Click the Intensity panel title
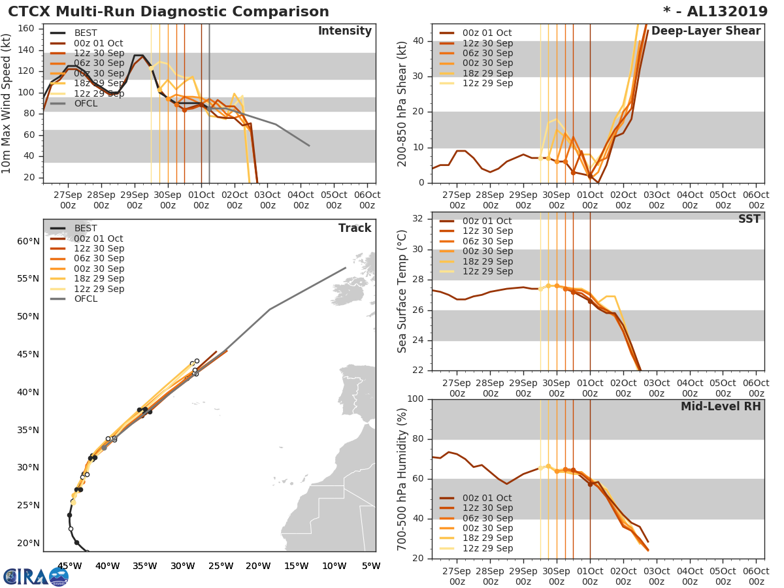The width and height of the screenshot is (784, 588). click(344, 31)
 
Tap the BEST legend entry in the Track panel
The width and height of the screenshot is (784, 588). click(86, 229)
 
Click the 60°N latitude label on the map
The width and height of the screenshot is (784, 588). click(28, 242)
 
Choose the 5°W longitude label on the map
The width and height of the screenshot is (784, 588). click(371, 566)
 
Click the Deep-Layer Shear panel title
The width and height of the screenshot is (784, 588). click(706, 31)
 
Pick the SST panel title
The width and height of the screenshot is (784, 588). click(749, 220)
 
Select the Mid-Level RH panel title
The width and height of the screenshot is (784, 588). click(721, 407)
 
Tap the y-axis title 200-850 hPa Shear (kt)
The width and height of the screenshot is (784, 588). click(403, 103)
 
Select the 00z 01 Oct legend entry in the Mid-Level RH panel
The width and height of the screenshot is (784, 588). click(487, 498)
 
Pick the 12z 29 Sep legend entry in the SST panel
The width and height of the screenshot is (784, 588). click(487, 271)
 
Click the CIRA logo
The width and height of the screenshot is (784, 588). click(36, 576)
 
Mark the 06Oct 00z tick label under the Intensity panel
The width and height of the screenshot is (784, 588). click(367, 200)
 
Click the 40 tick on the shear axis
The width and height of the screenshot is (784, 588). click(418, 41)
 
